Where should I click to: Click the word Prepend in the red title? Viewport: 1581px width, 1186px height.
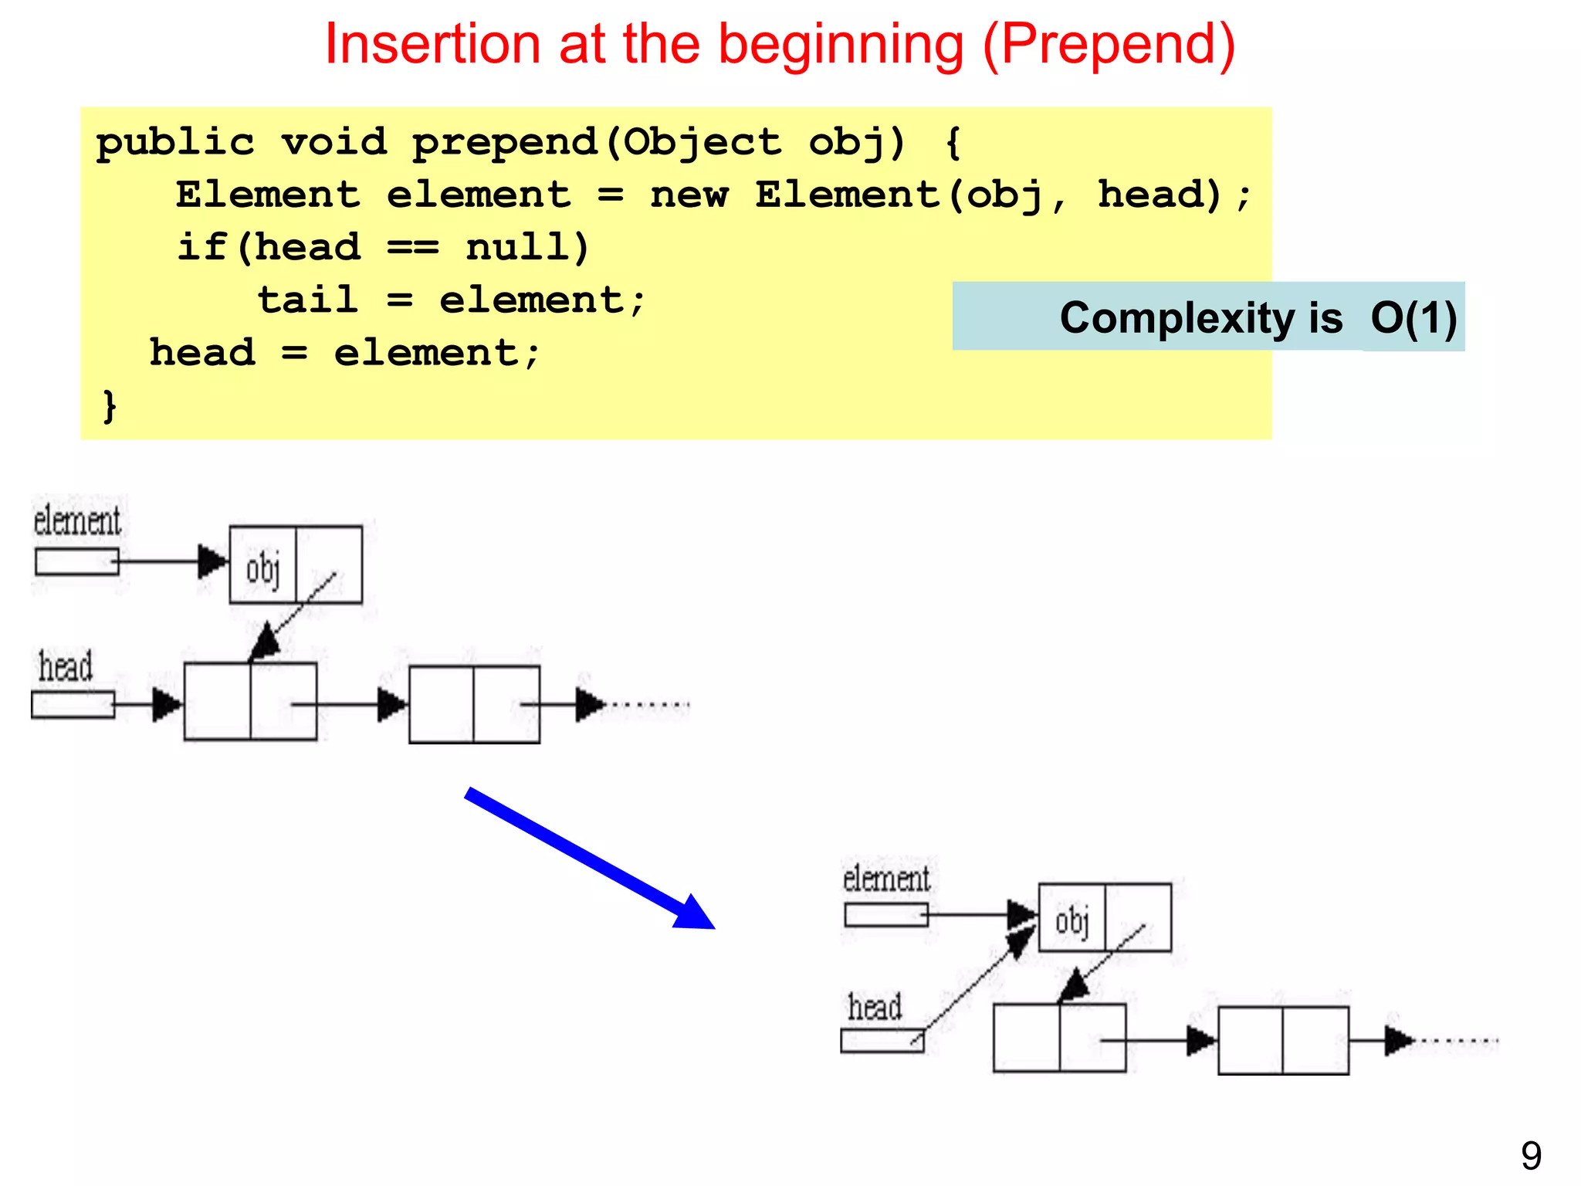[1109, 45]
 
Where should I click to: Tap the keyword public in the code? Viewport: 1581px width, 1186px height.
[175, 143]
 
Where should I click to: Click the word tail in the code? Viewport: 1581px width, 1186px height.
[308, 300]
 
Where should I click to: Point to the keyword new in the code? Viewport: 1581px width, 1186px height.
[689, 195]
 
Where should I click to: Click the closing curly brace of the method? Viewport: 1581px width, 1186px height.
[110, 405]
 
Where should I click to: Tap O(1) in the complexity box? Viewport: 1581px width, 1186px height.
[1413, 317]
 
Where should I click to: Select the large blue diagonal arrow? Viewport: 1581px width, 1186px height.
[590, 858]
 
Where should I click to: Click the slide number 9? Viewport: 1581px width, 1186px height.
[1531, 1155]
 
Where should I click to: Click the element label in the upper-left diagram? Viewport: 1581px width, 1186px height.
[77, 520]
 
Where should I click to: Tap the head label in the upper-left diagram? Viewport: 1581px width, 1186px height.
[66, 666]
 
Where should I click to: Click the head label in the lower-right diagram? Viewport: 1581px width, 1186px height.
[875, 1007]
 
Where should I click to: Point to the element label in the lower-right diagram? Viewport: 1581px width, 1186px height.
[886, 879]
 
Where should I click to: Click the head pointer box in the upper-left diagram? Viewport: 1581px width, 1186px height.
[73, 705]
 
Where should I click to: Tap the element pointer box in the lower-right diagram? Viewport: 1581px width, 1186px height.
[885, 915]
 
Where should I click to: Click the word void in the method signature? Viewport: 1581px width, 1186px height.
[333, 143]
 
